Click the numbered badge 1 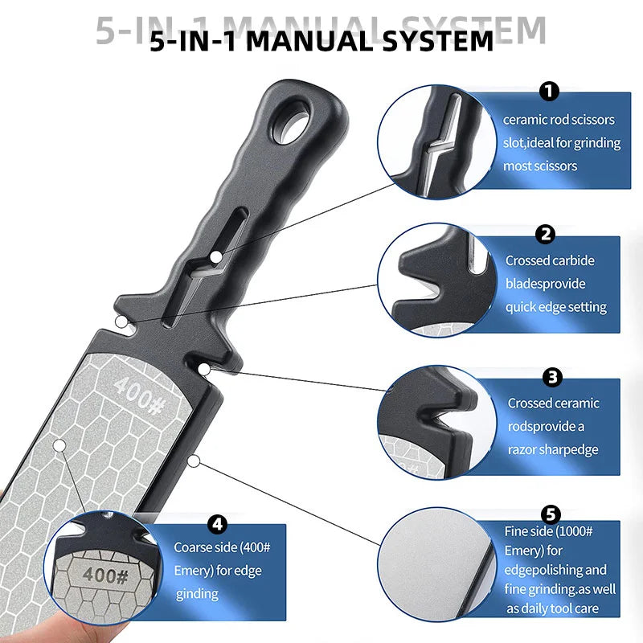tap(551, 92)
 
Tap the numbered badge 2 tap(546, 235)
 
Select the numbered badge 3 tap(552, 376)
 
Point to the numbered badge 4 tap(216, 524)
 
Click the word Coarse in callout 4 tap(195, 547)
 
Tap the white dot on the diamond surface tap(58, 444)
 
